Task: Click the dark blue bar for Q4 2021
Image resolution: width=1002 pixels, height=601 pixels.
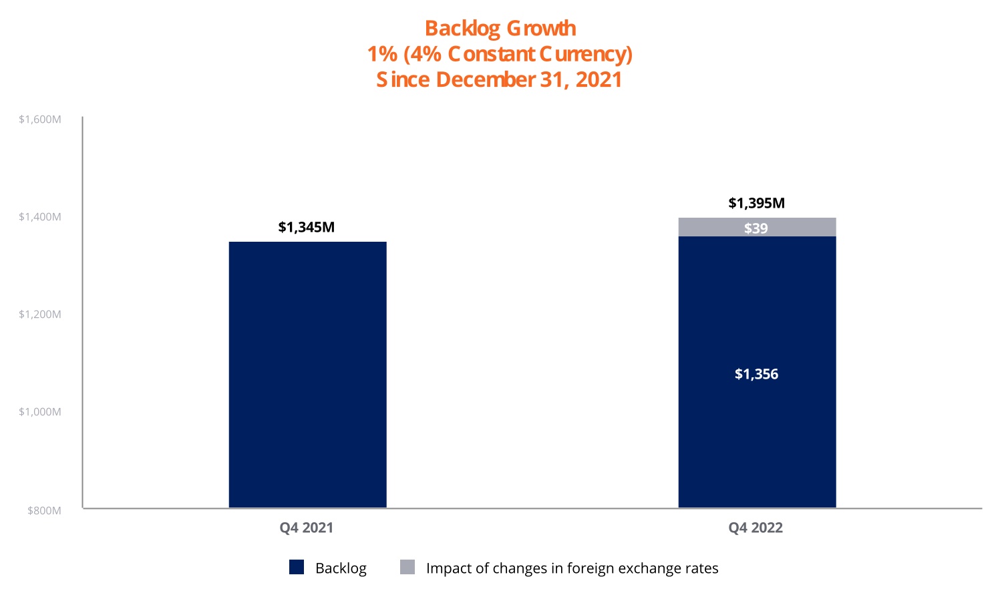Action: pyautogui.click(x=307, y=374)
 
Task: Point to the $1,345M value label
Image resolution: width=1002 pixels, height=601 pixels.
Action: pyautogui.click(x=307, y=227)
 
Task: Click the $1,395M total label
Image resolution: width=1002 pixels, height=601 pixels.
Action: pyautogui.click(x=757, y=203)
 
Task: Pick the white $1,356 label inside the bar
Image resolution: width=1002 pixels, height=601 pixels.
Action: pyautogui.click(x=757, y=374)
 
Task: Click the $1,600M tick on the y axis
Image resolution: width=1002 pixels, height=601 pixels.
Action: pyautogui.click(x=40, y=120)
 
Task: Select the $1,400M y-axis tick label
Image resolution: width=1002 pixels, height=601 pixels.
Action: pyautogui.click(x=40, y=217)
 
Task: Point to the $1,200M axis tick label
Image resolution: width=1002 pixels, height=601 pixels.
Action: pyautogui.click(x=40, y=315)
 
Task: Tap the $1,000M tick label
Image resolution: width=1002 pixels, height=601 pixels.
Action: pyautogui.click(x=40, y=412)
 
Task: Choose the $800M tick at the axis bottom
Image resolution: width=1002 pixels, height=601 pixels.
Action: pyautogui.click(x=44, y=511)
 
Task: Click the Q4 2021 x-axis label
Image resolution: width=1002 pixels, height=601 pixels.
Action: pyautogui.click(x=307, y=528)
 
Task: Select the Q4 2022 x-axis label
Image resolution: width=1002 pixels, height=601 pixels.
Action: pyautogui.click(x=756, y=528)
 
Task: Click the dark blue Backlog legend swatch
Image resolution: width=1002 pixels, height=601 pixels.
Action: pyautogui.click(x=297, y=568)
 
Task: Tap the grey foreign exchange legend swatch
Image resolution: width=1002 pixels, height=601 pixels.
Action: pyautogui.click(x=407, y=568)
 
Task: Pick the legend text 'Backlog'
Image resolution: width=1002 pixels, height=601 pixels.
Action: pyautogui.click(x=341, y=568)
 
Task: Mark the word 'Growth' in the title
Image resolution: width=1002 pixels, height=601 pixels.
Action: pyautogui.click(x=541, y=29)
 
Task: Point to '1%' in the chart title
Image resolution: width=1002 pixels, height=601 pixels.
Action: pyautogui.click(x=382, y=54)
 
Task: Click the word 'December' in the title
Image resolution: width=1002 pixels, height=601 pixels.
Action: pyautogui.click(x=485, y=79)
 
